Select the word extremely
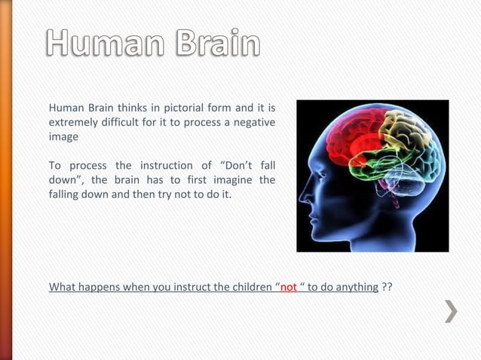[75, 122]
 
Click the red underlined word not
[288, 287]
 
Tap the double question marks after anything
[387, 287]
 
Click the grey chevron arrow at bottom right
[450, 311]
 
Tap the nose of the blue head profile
[302, 198]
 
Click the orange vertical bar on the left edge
[5, 180]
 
